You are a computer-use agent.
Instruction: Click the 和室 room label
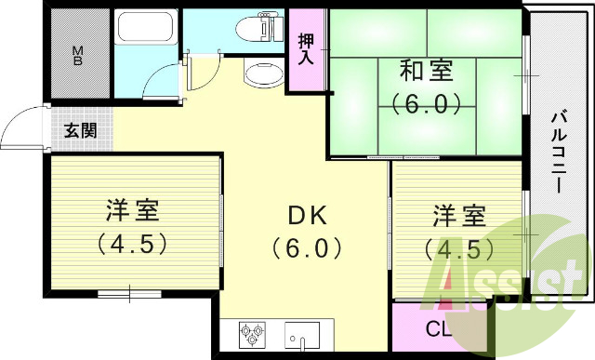(x=427, y=70)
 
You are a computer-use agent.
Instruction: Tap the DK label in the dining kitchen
(x=307, y=215)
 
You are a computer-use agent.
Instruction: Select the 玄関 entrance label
(x=80, y=131)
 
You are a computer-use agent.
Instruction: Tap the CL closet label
(x=439, y=328)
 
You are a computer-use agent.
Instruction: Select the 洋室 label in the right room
(x=458, y=218)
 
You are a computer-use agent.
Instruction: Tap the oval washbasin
(x=263, y=74)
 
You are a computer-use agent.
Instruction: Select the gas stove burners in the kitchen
(x=252, y=332)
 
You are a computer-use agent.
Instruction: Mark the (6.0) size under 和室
(x=427, y=103)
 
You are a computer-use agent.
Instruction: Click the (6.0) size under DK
(x=308, y=248)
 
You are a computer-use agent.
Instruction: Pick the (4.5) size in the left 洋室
(x=133, y=245)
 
